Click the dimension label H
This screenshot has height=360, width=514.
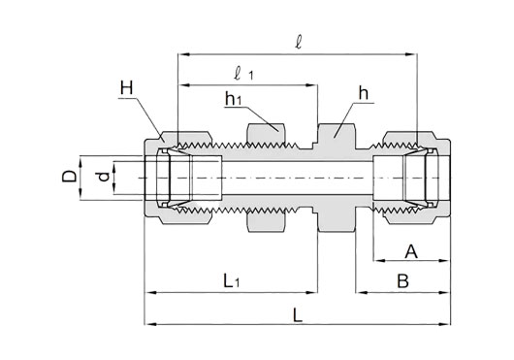coord(127,88)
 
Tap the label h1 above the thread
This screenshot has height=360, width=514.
coord(233,98)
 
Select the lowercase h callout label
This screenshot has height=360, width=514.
coord(364,93)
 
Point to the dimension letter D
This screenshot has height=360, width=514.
coord(70,177)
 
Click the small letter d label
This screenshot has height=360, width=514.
coord(104,177)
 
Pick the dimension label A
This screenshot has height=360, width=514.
coord(411,251)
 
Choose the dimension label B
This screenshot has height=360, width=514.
coord(402,281)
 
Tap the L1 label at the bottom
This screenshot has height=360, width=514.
coord(232,281)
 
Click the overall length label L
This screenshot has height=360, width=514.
coord(298,315)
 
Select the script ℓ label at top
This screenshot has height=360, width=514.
coord(299,43)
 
